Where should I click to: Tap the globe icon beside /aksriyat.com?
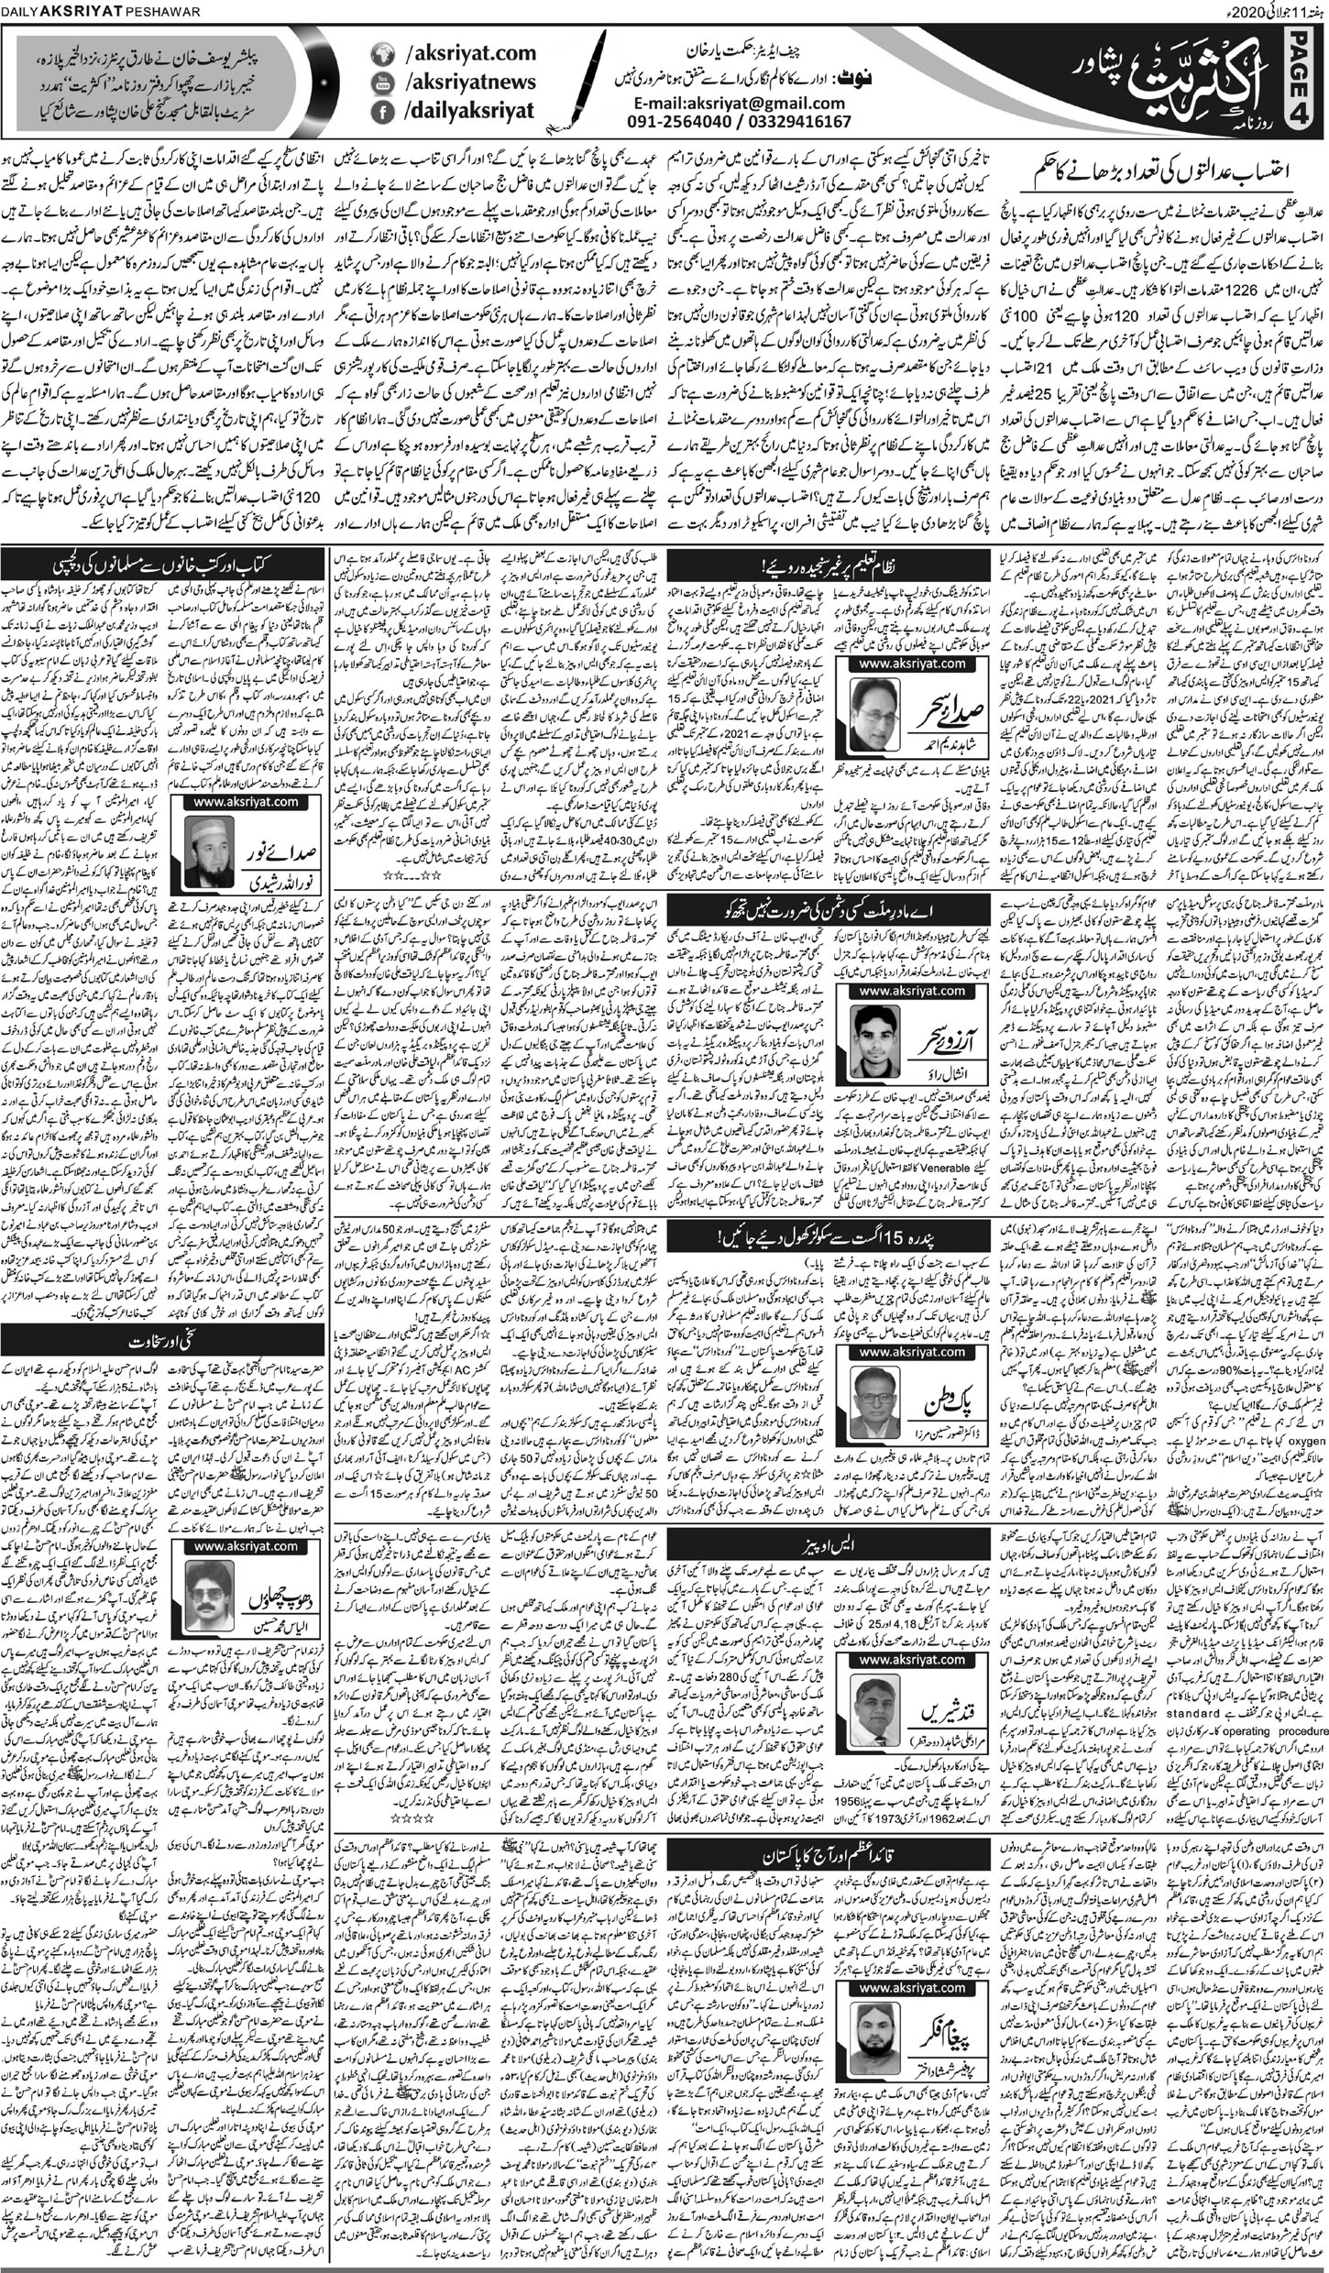380,54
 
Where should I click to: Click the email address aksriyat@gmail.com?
753,104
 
